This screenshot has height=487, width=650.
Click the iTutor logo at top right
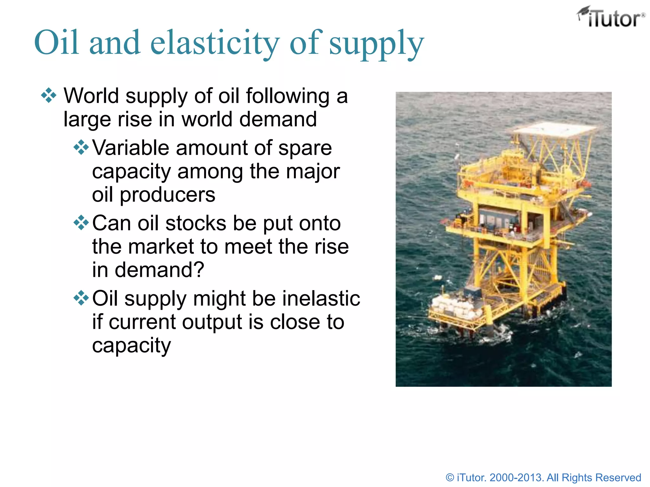pos(611,17)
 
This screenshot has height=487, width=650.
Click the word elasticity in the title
pos(215,43)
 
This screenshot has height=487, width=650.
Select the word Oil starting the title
pos(56,43)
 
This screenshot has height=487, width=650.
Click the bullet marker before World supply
pos(49,95)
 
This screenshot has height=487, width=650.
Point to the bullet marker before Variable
pos(81,147)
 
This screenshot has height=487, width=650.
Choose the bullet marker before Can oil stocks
pos(81,223)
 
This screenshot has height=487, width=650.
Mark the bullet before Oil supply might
pos(81,298)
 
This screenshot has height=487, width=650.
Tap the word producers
pos(167,195)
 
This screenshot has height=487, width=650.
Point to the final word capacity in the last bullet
pos(131,346)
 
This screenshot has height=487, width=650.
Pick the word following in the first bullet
pos(288,96)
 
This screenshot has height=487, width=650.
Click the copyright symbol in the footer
pos(450,477)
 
